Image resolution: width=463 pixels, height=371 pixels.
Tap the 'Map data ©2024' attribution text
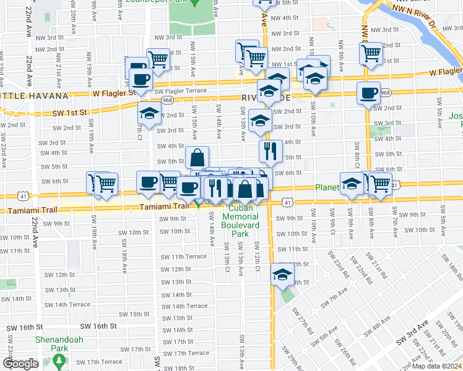436,366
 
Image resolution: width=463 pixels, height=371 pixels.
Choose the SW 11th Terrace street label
183,256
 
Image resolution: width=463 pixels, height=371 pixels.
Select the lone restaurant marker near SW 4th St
270,150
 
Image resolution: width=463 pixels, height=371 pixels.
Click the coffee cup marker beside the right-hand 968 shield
369,93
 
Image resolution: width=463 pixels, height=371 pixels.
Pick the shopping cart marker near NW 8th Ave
370,53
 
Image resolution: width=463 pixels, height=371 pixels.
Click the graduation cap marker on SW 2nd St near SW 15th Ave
149,113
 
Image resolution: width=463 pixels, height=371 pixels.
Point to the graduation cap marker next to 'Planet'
352,183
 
